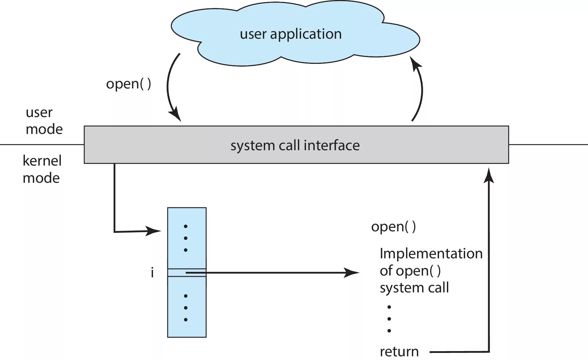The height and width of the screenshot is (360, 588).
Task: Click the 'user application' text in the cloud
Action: (x=291, y=34)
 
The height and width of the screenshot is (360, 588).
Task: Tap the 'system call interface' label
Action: (x=295, y=145)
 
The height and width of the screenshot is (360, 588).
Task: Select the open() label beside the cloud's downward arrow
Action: (x=129, y=84)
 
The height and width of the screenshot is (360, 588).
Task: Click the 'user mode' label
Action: (x=44, y=121)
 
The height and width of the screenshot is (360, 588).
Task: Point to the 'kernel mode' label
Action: (x=42, y=169)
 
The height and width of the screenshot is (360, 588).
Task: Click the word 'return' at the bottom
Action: (x=399, y=351)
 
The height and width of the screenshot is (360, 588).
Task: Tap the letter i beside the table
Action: (x=152, y=272)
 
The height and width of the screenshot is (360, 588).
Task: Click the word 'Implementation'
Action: (x=431, y=254)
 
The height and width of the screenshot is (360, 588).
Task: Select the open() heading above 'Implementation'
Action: (x=394, y=227)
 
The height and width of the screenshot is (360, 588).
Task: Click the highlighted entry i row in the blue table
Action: (x=187, y=273)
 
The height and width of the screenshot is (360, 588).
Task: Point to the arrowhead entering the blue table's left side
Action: (x=153, y=231)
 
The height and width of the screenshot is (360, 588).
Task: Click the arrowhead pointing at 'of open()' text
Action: (x=351, y=272)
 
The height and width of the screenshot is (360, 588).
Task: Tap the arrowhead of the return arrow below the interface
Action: (x=489, y=175)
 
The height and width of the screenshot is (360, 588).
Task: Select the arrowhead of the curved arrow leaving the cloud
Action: (x=175, y=114)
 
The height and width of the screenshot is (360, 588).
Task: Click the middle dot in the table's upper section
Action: (x=186, y=238)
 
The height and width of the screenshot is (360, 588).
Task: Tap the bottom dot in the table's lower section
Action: (x=186, y=319)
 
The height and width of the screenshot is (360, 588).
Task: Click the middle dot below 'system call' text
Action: (x=389, y=319)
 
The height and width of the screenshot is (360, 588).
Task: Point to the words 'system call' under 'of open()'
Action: (x=414, y=288)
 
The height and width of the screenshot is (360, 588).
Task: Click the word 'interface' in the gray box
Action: (x=332, y=145)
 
